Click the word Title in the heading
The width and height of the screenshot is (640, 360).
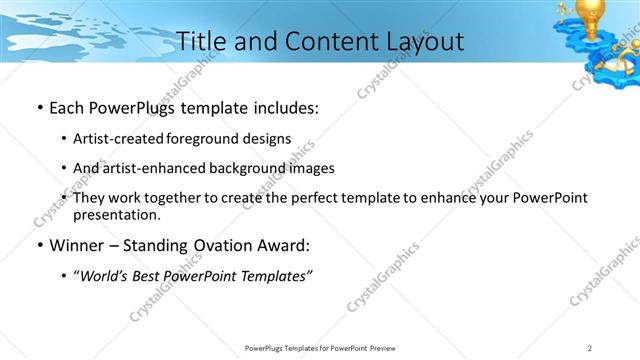pyautogui.click(x=200, y=41)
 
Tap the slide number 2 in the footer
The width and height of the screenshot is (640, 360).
pyautogui.click(x=590, y=347)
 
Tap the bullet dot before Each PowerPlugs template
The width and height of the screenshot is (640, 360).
pyautogui.click(x=37, y=108)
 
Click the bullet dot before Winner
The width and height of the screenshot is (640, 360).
pyautogui.click(x=37, y=246)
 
